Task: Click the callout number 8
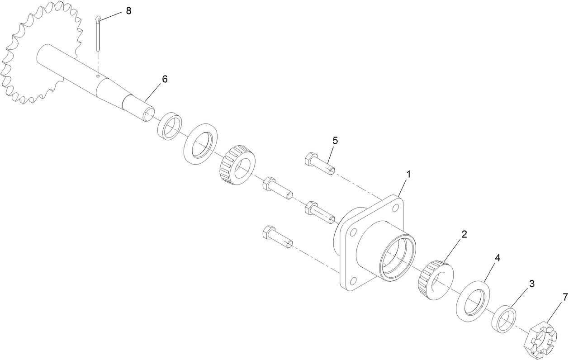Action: pyautogui.click(x=128, y=11)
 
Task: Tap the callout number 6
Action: pyautogui.click(x=165, y=79)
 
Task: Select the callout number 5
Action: pyautogui.click(x=335, y=140)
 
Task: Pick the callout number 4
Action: pyautogui.click(x=498, y=258)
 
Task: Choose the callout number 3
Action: pyautogui.click(x=532, y=284)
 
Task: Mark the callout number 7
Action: pyautogui.click(x=564, y=297)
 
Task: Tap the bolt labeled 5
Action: pyautogui.click(x=320, y=164)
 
